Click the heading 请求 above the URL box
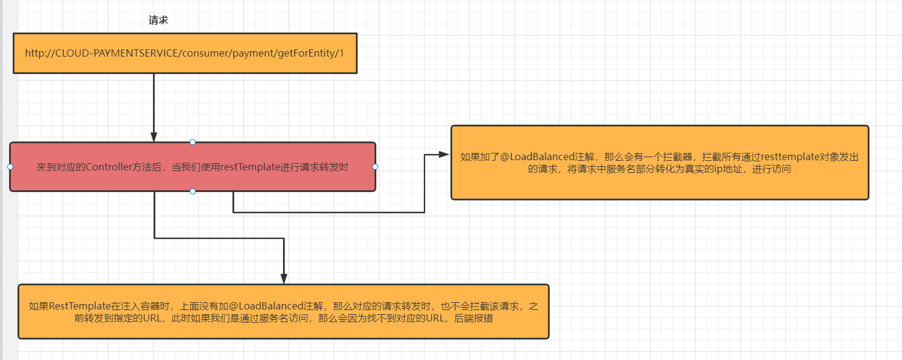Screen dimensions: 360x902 point(158,20)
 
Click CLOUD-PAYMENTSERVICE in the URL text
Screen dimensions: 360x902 point(117,53)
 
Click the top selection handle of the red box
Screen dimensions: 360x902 point(193,142)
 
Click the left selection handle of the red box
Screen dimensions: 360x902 point(10,167)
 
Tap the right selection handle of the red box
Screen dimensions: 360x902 point(375,167)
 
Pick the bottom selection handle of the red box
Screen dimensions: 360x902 point(193,191)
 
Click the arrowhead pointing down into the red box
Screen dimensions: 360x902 point(154,137)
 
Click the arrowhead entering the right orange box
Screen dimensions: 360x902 point(444,155)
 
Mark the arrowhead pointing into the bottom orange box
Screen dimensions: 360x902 point(284,278)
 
